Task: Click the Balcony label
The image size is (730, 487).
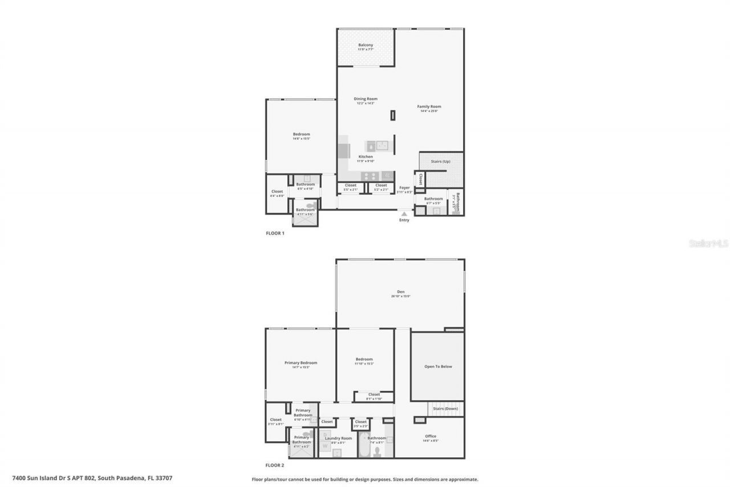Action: click(x=366, y=45)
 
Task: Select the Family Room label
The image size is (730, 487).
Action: click(x=429, y=107)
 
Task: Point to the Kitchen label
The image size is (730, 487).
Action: click(x=366, y=156)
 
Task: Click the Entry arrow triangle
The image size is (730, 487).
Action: click(x=404, y=214)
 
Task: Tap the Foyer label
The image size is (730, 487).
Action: click(x=404, y=188)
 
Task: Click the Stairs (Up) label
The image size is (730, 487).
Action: click(x=441, y=162)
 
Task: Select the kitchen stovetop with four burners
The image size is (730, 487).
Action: click(x=369, y=176)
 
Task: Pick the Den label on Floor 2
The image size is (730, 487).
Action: click(x=400, y=292)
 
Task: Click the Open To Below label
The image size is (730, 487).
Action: click(x=438, y=367)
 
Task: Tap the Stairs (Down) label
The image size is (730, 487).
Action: click(x=445, y=409)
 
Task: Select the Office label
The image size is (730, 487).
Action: click(x=431, y=436)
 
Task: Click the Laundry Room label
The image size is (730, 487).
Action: click(x=338, y=438)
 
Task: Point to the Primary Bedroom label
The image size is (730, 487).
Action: click(x=301, y=363)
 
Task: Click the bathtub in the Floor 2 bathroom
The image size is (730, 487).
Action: click(x=363, y=446)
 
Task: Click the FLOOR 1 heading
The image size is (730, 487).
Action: click(x=275, y=233)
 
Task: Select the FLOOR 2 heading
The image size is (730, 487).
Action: click(x=275, y=465)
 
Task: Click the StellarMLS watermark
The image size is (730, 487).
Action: click(x=709, y=243)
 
